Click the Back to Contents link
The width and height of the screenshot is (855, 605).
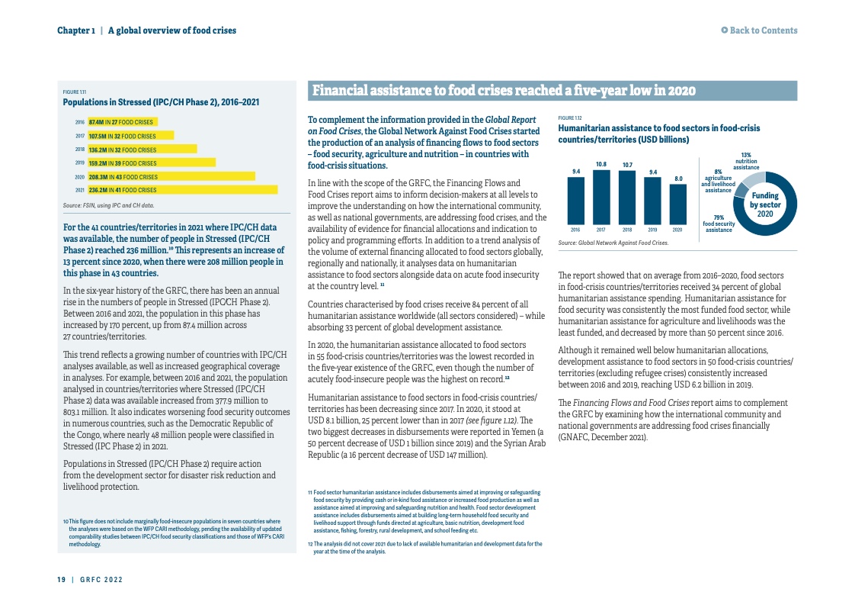[x=760, y=31]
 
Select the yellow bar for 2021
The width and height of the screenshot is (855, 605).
[x=182, y=190]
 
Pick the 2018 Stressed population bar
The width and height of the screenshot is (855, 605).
[x=142, y=150]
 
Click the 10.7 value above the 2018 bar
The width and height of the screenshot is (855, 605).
[x=627, y=165]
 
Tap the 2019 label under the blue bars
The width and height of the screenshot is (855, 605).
[x=652, y=230]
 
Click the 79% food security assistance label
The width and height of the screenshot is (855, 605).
[x=719, y=224]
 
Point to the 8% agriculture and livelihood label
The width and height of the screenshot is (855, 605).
[x=718, y=181]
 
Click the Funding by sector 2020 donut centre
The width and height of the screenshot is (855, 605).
[x=765, y=204]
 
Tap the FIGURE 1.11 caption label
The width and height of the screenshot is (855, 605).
[x=74, y=93]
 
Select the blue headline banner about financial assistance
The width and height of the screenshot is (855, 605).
[x=552, y=92]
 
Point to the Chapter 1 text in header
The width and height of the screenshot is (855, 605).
[x=76, y=31]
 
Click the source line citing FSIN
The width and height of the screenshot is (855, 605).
[x=108, y=205]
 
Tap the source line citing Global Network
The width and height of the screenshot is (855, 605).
[x=613, y=243]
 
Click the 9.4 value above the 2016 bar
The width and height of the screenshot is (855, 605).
[x=576, y=170]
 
